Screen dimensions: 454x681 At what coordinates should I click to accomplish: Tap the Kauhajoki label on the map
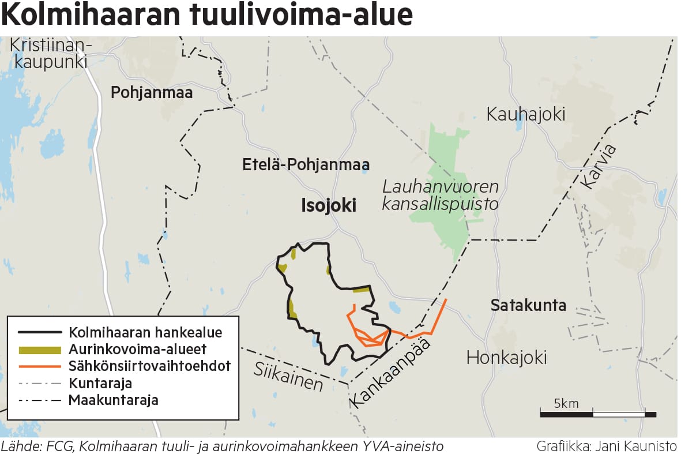tap(525, 114)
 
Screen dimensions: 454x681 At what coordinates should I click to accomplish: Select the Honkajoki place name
tap(506, 358)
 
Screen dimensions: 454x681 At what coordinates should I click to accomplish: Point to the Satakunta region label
tap(528, 305)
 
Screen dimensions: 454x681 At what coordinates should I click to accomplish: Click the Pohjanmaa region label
tap(152, 92)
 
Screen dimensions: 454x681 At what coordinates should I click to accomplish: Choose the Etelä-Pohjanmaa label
tap(306, 166)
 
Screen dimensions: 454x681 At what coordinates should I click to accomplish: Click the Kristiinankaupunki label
tap(51, 53)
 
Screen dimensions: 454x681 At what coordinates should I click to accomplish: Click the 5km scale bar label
tap(566, 403)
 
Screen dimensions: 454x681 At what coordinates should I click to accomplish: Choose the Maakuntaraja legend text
tap(113, 400)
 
